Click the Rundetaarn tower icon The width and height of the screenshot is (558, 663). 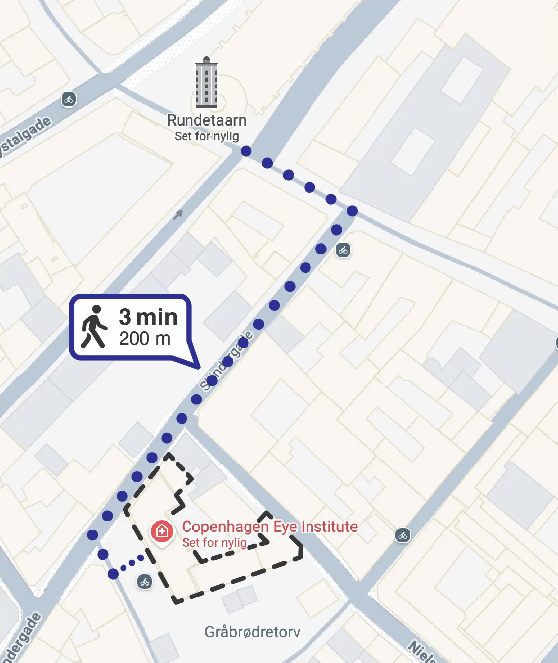pos(206,83)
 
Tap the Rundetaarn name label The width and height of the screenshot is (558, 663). pos(206,120)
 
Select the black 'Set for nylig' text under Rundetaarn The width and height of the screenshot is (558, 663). pos(206,136)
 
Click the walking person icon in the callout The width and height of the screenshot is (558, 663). pos(94,327)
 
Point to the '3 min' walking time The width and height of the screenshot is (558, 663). pos(148,317)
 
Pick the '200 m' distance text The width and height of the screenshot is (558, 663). pos(144,339)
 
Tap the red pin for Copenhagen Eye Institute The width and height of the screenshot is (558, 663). pos(161,531)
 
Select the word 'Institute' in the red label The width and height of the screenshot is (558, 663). pos(329,527)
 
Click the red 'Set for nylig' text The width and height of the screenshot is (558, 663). pos(214,543)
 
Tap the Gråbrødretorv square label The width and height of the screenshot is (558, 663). pos(252,632)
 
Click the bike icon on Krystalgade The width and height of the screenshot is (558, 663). pos(69,99)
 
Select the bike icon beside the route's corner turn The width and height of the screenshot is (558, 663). pos(343,250)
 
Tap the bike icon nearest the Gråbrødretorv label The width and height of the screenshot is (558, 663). pos(144,582)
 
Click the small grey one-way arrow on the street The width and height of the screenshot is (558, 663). pos(178,214)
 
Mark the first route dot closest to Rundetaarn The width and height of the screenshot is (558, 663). pos(246,151)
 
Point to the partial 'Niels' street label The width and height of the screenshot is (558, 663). pos(422,652)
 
